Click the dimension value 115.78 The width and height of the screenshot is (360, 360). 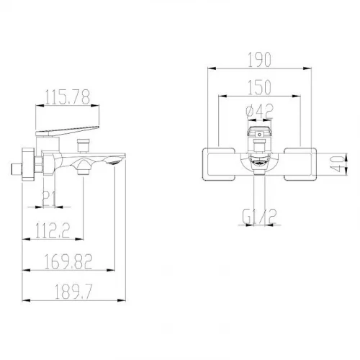[x=68, y=96]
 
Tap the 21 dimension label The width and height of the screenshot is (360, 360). [x=49, y=199]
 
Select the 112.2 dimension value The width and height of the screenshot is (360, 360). [x=53, y=230]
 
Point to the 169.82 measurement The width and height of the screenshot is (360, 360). [x=68, y=261]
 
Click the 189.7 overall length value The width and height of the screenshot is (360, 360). [x=73, y=292]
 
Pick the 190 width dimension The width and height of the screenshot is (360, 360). [x=259, y=60]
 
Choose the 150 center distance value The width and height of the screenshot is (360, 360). [x=259, y=87]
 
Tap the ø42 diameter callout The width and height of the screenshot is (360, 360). [x=260, y=111]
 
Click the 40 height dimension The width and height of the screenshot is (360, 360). [x=338, y=164]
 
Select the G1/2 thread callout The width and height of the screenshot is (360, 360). [x=259, y=217]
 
